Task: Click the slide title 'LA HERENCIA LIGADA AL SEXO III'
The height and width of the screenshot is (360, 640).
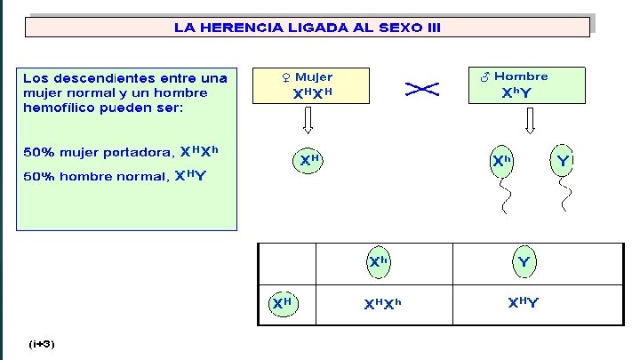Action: (x=307, y=28)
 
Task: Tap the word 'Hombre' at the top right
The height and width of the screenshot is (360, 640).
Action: (x=521, y=76)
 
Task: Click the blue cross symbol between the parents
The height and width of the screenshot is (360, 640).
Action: (x=423, y=88)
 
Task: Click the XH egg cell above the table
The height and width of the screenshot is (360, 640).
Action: (x=308, y=161)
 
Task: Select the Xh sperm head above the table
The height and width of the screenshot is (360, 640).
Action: (x=502, y=161)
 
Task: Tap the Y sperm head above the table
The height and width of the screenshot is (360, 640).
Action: (x=563, y=161)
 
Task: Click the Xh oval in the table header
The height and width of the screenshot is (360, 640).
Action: (x=380, y=261)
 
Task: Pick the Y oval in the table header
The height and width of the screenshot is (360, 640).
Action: (x=524, y=262)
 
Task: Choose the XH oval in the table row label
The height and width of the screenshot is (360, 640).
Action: (x=282, y=303)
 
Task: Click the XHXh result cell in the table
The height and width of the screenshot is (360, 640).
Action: (x=382, y=305)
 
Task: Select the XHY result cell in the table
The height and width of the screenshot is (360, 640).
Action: (x=523, y=304)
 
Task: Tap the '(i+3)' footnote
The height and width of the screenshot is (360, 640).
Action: (x=41, y=342)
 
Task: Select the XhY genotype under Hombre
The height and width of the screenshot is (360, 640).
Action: (x=517, y=92)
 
